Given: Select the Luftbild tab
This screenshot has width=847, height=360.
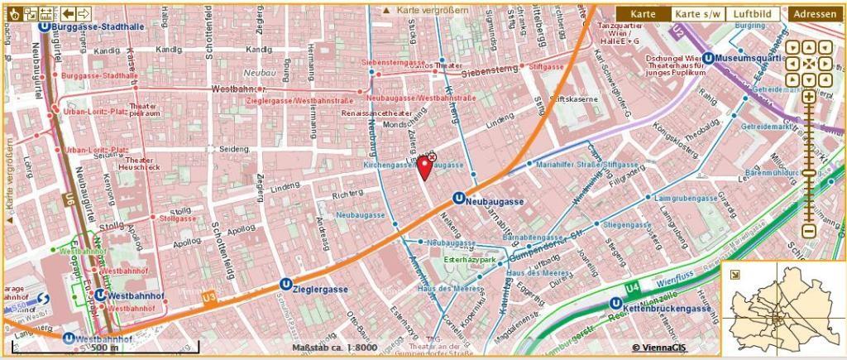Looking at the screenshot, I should [x=753, y=14].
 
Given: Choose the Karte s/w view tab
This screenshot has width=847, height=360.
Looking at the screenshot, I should [x=696, y=14].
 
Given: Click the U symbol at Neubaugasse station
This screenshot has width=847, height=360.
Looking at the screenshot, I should [x=457, y=200].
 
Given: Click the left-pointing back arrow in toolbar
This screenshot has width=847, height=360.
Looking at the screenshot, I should [x=68, y=13].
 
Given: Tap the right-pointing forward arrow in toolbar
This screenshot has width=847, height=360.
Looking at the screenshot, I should [x=84, y=13].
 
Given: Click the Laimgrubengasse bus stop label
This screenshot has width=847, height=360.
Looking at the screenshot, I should [x=685, y=199].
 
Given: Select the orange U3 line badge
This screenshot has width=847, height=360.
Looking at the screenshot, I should [x=209, y=295].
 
